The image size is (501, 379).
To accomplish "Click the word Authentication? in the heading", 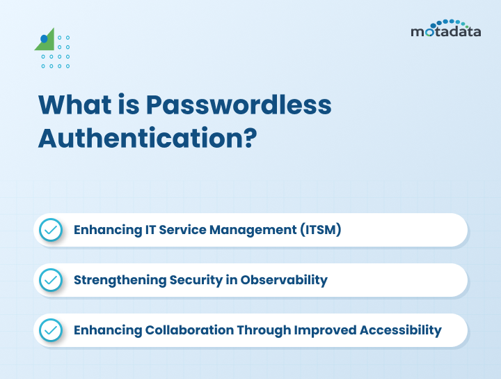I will coord(148,137).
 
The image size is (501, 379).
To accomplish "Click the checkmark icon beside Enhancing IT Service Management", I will coord(50,229).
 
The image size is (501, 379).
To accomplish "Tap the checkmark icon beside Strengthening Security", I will coord(50,279).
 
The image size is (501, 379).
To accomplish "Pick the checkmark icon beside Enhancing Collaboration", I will coord(50,330).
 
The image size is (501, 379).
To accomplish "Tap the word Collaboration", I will coord(189,330).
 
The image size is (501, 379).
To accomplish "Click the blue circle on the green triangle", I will coord(45,38).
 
